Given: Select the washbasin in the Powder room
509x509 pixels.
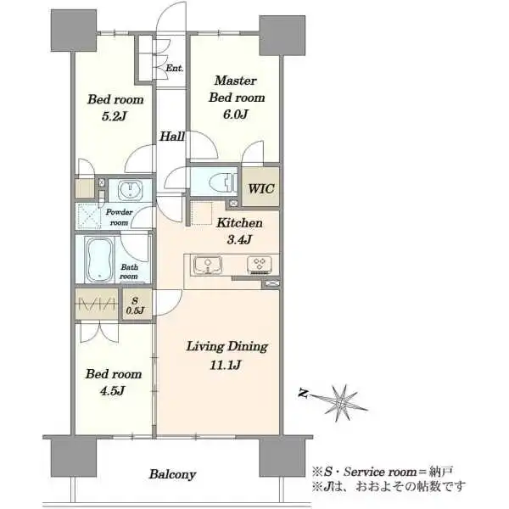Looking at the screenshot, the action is pos(130,190).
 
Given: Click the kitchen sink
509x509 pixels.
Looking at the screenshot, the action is pos(208,265).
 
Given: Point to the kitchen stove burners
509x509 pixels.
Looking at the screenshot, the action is pos(260,265).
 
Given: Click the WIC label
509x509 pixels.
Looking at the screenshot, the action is pos(261,188).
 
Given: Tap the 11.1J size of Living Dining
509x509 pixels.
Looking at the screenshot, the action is pos(226,365).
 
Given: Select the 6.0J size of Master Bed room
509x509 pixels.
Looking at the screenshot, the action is pos(236,115).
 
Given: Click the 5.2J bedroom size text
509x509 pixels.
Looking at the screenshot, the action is pos(114,116).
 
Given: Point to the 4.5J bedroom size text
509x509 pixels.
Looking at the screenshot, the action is pos(112,391).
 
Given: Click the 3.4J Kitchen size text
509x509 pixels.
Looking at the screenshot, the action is pos(239,240).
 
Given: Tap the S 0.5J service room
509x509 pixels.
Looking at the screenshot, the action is pos(137,305).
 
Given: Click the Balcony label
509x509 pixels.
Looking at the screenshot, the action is pos(172,474).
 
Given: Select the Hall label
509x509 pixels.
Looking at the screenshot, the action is pos(172,137).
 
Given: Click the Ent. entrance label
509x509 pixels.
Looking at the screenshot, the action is pos(175,68).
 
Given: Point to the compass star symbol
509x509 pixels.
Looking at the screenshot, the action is pos(342,402).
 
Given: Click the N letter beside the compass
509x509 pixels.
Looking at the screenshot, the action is pos(303,393).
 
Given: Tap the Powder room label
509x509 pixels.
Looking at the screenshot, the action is pos(119,217).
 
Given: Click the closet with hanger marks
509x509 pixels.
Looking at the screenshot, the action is pos(97,304).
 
